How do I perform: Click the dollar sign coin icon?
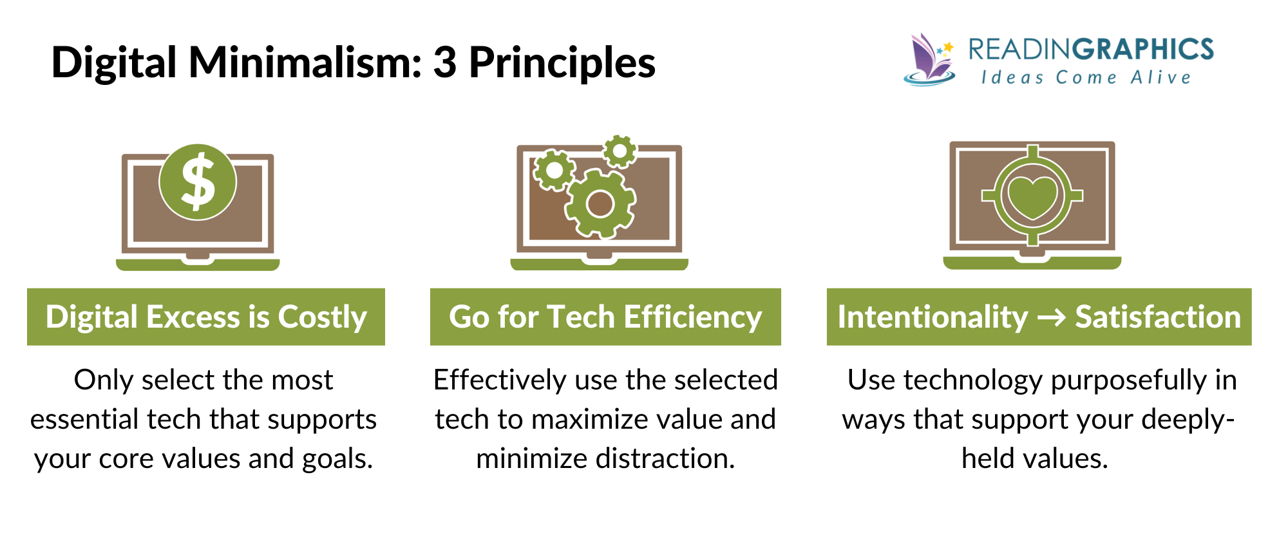point(198,182)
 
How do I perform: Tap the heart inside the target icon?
point(1032,196)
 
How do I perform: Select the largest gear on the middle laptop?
point(600,204)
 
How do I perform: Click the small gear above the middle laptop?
point(620,151)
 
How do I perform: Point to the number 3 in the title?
point(444,63)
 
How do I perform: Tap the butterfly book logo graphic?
point(930,60)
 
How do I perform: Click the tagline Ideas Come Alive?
point(1086,78)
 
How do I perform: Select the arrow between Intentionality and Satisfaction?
point(1052,317)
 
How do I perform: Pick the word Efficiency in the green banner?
point(692,317)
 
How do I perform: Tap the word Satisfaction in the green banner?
point(1157,317)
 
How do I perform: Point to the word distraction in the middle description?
point(665,459)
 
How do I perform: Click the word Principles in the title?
point(562,63)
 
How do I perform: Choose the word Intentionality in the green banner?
point(933,317)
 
